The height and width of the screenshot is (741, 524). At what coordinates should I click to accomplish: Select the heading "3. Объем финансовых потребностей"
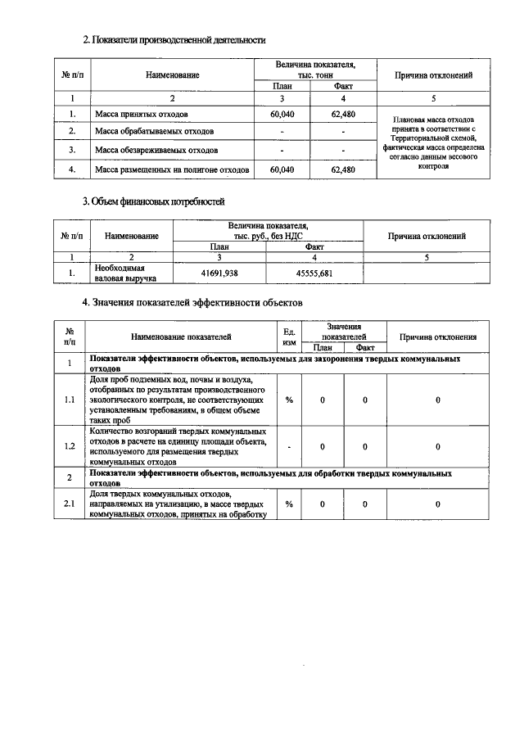154,201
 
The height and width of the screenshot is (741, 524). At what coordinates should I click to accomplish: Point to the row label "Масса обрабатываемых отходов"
154,131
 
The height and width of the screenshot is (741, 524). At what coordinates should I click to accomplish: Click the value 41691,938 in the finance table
219,273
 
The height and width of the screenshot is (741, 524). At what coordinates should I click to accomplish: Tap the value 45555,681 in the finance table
314,273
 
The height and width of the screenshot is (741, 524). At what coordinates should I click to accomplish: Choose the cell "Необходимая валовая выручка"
120,273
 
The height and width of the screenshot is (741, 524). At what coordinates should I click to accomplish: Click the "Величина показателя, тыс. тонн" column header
314,69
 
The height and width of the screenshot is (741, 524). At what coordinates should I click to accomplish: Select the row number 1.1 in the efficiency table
70,399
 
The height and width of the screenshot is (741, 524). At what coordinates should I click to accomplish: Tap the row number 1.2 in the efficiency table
70,446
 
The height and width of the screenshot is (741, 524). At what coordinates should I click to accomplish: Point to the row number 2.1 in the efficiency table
70,504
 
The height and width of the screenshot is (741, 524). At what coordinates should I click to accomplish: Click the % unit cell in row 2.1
289,504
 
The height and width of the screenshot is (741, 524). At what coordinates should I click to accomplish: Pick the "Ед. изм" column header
289,337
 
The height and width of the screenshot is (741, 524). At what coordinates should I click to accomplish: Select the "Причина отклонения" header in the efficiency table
438,337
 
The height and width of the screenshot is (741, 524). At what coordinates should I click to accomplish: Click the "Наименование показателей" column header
181,337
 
